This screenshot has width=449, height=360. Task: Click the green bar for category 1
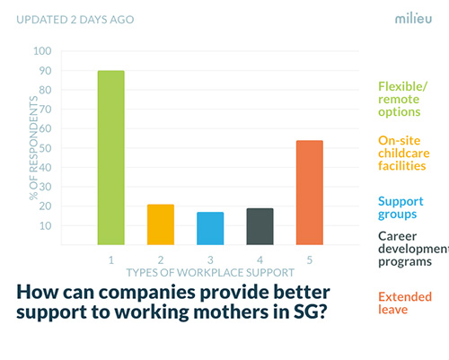point(110,158)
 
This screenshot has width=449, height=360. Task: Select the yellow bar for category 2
point(161,224)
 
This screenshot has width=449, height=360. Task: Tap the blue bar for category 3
point(210,228)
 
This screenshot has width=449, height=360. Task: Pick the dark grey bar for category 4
point(260,226)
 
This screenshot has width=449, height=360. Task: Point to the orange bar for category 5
point(310,192)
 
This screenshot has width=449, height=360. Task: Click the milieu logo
point(413,18)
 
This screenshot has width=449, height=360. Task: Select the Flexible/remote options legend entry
point(402,99)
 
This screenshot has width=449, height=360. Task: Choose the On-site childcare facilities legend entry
point(404,153)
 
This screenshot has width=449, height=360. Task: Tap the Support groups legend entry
point(401,207)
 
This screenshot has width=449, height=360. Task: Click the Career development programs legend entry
point(413,249)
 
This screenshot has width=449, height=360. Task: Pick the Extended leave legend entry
point(405,303)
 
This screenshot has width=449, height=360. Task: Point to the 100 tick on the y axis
point(42,51)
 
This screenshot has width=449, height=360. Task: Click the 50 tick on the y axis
point(45,148)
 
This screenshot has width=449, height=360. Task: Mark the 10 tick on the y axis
point(46,226)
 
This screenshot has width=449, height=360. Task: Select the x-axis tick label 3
point(210,260)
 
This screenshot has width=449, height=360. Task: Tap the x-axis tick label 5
point(310,260)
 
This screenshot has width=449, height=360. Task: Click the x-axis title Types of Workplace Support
point(210,273)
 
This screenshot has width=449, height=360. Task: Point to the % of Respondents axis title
point(33,148)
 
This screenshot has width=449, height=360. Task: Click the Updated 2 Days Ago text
point(75,20)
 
